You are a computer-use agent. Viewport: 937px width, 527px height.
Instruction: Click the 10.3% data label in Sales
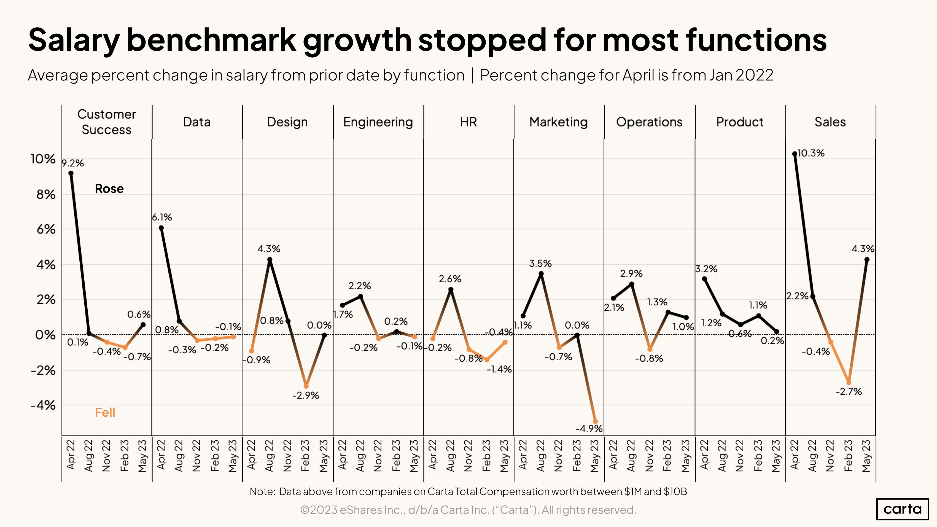811,153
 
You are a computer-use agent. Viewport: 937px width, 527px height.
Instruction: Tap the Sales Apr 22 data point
795,154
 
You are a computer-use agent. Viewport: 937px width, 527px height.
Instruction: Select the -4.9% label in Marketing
589,428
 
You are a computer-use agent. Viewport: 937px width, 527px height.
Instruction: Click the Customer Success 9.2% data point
71,173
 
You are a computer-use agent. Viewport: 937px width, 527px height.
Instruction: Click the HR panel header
468,122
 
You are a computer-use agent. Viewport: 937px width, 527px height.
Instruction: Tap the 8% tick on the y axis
46,195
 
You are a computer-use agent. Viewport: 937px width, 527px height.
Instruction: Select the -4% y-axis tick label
43,405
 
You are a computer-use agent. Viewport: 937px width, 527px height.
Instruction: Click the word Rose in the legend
109,189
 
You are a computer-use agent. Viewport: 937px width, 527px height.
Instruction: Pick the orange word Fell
105,412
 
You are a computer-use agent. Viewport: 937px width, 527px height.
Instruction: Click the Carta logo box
903,509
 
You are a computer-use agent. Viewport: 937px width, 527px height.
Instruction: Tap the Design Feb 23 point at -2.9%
306,386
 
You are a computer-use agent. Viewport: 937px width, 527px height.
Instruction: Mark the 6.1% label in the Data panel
162,217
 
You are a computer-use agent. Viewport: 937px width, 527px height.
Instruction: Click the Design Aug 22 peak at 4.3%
270,260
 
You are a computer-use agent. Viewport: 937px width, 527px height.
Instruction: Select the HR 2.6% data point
451,289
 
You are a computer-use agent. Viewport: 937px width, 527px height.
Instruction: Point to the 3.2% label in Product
706,269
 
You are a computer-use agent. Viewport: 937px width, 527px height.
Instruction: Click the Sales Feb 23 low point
849,383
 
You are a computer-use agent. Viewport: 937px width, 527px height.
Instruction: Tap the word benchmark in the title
211,40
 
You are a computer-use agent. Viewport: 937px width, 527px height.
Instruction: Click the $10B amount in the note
675,492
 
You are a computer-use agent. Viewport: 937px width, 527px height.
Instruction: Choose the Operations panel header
649,122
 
